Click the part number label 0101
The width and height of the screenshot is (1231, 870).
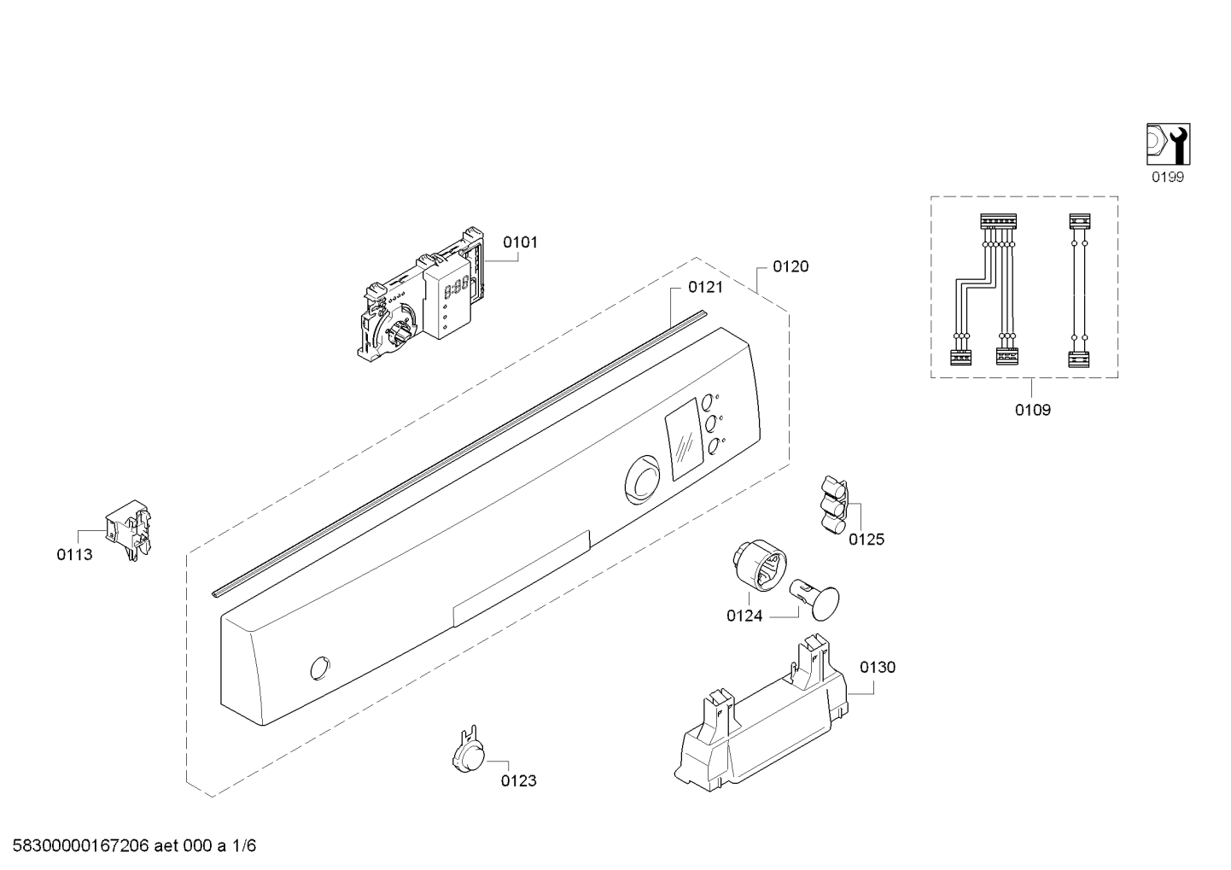(520, 242)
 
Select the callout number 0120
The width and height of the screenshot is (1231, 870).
(791, 266)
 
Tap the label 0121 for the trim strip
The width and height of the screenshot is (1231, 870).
(705, 287)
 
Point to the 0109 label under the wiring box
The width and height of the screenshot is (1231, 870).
(1032, 410)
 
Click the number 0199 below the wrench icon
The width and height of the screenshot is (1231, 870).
(1167, 177)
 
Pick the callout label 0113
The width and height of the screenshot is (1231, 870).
(75, 555)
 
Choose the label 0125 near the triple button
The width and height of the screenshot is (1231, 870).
(866, 539)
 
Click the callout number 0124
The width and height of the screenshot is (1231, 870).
(744, 616)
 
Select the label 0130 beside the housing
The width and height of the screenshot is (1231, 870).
(877, 667)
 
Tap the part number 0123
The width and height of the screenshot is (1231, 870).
(518, 780)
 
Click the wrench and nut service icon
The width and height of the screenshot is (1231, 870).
(1168, 144)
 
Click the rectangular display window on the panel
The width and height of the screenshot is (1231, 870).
(685, 440)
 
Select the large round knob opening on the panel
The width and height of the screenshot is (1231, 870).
(643, 479)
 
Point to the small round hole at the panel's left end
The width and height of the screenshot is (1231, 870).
(320, 669)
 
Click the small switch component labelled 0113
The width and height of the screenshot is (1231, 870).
(129, 530)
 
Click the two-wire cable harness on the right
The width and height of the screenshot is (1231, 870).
(1079, 290)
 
